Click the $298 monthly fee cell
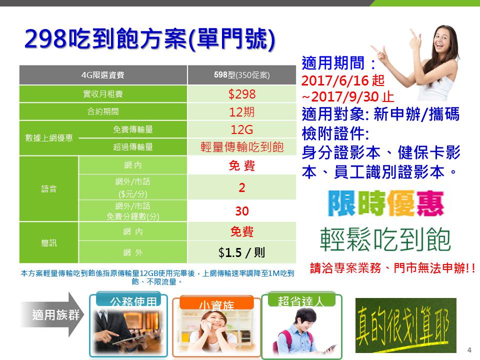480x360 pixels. coord(242,94)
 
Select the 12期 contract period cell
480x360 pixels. coord(242,111)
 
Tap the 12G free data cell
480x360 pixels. coord(242,129)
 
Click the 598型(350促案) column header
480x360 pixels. coord(242,75)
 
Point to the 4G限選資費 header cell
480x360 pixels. coord(103,75)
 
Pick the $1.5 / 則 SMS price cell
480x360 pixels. coord(242,252)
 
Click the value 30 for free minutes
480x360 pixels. coord(242,211)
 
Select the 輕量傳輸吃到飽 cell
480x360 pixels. coord(242,147)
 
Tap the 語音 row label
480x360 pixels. coord(49,189)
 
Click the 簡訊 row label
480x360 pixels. coord(49,243)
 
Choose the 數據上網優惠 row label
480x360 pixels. coord(49,138)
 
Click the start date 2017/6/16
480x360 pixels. coord(335,80)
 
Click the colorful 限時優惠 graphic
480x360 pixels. coord(385,203)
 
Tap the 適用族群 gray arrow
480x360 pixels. coord(52,314)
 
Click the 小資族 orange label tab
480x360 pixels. coord(216,303)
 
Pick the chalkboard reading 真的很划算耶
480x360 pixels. coord(406,325)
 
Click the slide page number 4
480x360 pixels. coord(469,350)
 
